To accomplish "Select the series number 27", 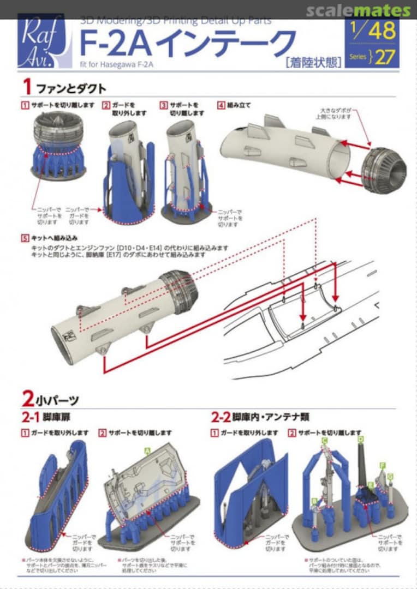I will click(x=385, y=57).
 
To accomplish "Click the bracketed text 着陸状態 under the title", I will click(x=313, y=62).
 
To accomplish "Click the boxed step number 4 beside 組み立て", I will click(x=221, y=105).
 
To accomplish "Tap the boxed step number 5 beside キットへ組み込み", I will click(x=25, y=238).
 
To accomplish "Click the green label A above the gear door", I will click(x=146, y=450).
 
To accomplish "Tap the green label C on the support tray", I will click(x=325, y=440).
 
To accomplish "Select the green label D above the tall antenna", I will click(x=360, y=439).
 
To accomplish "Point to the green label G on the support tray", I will click(x=390, y=477).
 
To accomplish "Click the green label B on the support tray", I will click(x=314, y=500).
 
